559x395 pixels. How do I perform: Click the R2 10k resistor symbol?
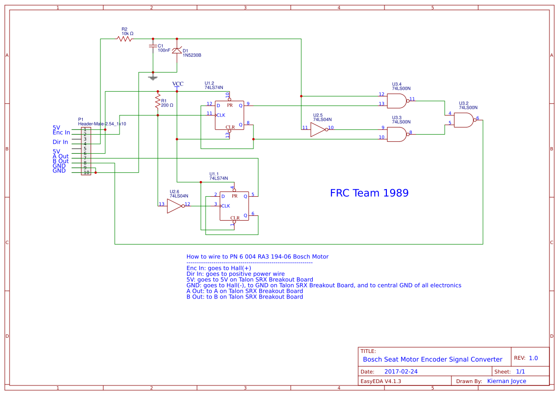(x=125, y=39)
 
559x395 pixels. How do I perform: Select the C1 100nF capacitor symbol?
(x=153, y=46)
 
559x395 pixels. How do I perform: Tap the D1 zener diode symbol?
(x=177, y=50)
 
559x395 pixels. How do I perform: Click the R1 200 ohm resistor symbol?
(x=157, y=101)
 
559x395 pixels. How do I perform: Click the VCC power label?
(x=177, y=84)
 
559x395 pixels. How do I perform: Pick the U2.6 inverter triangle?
(x=175, y=206)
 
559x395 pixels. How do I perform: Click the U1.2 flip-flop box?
(x=229, y=115)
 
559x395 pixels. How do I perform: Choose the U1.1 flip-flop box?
(x=234, y=206)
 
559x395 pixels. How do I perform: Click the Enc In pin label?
(x=61, y=132)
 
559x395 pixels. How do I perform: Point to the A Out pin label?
(x=61, y=156)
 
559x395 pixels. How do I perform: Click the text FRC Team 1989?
(x=369, y=193)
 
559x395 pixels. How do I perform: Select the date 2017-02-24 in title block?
(x=401, y=371)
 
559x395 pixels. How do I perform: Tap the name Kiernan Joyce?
(x=506, y=381)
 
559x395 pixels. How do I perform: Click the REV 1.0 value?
(x=533, y=358)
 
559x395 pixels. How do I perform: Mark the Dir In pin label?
(x=60, y=142)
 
